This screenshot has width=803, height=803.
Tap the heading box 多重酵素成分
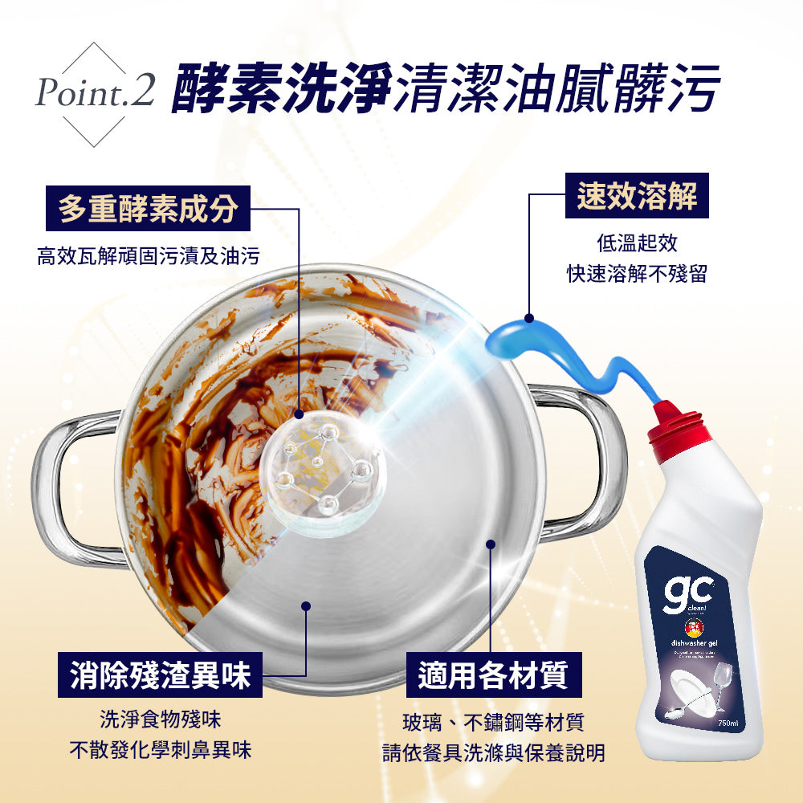click(x=148, y=208)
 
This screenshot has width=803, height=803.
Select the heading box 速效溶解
click(x=637, y=195)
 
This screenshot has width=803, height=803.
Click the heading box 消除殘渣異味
click(x=160, y=675)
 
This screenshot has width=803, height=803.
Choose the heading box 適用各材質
click(x=493, y=675)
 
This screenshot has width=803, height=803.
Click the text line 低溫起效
click(x=637, y=243)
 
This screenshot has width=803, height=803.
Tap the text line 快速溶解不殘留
click(x=637, y=274)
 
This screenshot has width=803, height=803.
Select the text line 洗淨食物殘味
click(x=160, y=718)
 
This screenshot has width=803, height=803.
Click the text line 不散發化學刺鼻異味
click(x=160, y=750)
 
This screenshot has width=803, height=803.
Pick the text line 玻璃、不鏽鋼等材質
click(x=493, y=722)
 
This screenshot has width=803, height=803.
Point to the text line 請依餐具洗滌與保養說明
click(x=493, y=753)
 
